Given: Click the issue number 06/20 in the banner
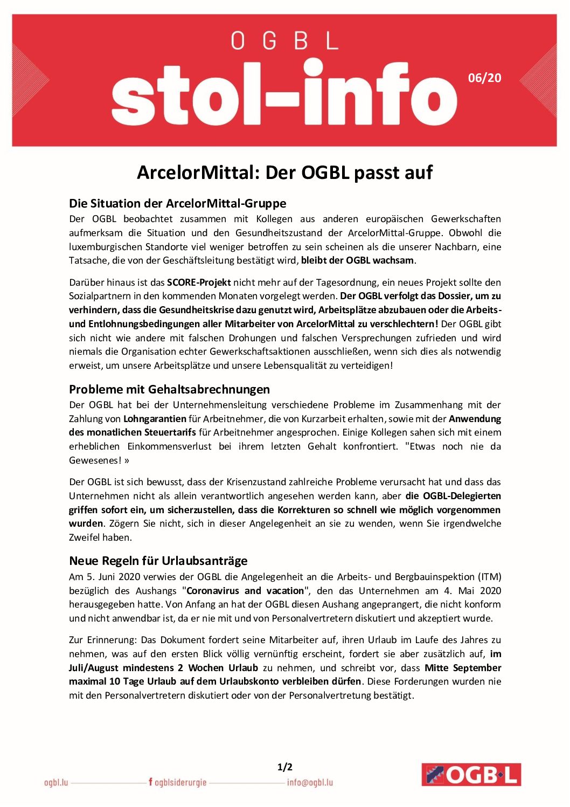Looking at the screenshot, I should tap(484, 78).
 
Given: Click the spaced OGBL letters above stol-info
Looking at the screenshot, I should tap(284, 41).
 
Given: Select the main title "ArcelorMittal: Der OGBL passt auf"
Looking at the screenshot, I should tap(284, 173).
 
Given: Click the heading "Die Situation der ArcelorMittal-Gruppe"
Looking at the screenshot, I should tap(177, 203).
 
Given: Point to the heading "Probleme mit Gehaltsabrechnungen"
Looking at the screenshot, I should tap(169, 389).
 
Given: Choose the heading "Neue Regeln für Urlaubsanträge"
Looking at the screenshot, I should tap(158, 561).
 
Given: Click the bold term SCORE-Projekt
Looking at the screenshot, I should tap(199, 282).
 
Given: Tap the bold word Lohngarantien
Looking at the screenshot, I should tap(155, 419).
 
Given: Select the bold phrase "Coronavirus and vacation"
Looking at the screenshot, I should tap(245, 591).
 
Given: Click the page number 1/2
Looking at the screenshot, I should tap(284, 767).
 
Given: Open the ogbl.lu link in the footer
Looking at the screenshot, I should tap(56, 782).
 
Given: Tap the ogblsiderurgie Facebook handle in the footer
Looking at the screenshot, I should tap(178, 782).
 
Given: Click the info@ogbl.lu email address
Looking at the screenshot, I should tap(310, 782).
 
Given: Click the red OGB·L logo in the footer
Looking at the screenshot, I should tap(471, 775).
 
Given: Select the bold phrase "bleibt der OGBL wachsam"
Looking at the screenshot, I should tap(358, 260).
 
